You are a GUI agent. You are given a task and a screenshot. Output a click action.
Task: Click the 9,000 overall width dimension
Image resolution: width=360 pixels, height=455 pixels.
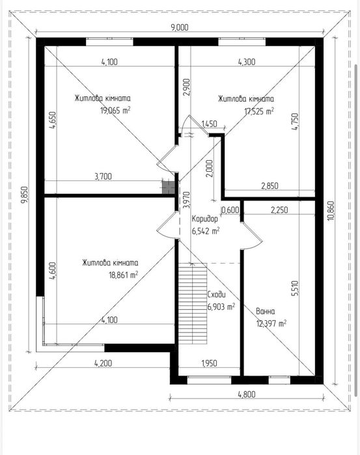[x=180, y=27]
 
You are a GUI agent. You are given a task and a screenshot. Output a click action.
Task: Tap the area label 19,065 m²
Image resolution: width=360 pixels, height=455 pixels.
[x=115, y=111]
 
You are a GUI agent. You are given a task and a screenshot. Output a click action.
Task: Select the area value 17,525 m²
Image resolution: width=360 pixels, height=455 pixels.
[x=259, y=111]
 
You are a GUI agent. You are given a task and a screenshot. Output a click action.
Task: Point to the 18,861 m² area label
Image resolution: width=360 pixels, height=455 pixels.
[x=124, y=275]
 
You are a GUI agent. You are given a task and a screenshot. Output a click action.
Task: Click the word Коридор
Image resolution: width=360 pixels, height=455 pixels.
[x=205, y=219]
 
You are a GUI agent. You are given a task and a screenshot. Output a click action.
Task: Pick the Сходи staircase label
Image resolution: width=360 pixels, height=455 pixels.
[x=216, y=294]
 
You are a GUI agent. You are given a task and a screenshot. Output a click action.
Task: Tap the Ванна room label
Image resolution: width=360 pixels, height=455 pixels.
[x=266, y=311]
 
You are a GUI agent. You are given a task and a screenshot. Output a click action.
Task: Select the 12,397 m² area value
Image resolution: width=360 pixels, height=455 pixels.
[x=271, y=324]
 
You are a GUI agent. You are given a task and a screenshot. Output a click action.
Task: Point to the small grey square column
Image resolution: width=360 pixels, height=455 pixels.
[x=169, y=187]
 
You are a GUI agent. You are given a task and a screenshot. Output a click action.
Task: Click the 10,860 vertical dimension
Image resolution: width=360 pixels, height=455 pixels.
[x=331, y=211]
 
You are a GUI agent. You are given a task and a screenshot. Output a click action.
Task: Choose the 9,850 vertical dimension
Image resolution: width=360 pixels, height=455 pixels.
[x=25, y=195]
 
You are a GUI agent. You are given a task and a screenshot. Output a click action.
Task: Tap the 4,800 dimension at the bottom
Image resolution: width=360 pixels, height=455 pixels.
[x=247, y=394]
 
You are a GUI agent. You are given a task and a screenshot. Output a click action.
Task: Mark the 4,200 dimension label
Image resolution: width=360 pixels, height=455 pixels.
[x=103, y=363]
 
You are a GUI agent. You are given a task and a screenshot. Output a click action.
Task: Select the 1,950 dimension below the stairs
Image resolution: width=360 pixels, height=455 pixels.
[x=209, y=363]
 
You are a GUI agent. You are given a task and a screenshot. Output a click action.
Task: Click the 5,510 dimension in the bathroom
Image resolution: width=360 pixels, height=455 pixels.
[x=295, y=288]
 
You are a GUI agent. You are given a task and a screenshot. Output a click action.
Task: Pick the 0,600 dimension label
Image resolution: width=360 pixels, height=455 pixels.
[x=230, y=210]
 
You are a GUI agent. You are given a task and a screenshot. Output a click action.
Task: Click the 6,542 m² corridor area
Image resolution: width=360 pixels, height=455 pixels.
[x=206, y=231]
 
